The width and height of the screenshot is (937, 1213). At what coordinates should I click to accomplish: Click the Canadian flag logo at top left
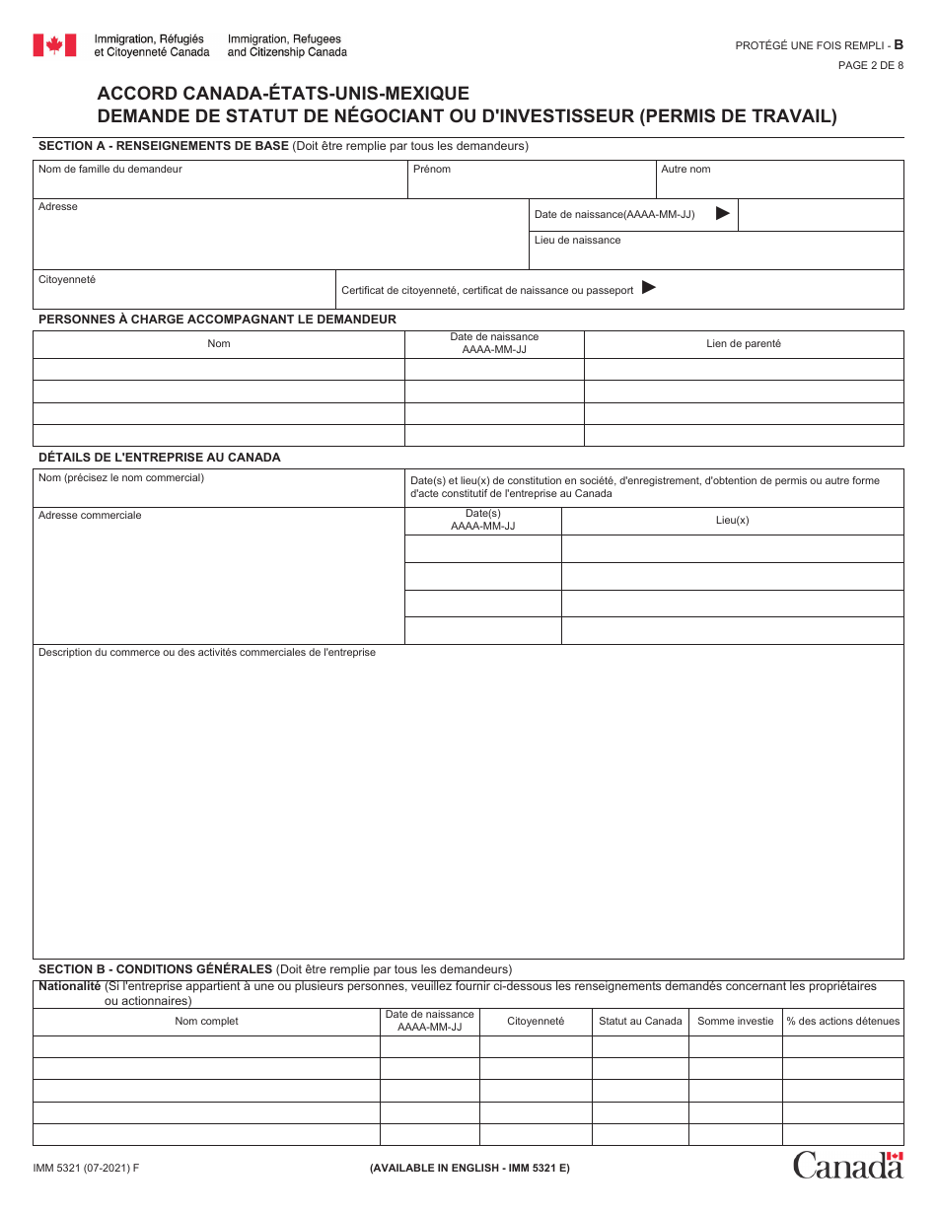(x=54, y=45)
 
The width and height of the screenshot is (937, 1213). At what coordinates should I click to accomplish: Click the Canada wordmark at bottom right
(x=848, y=1165)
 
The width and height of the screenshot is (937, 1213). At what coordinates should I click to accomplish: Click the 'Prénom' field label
(x=432, y=170)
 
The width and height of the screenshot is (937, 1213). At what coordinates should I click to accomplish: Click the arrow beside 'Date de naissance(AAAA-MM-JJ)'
(x=722, y=213)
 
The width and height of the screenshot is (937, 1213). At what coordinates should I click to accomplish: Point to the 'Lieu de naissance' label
(x=578, y=240)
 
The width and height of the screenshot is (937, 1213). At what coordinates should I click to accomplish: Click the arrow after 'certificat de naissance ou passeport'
(x=648, y=288)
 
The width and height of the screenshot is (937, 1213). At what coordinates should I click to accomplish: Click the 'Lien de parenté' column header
(x=743, y=344)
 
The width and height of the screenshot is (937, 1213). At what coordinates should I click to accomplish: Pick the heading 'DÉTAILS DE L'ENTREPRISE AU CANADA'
(x=159, y=458)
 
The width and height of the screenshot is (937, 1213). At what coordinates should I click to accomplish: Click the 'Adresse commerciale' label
(x=90, y=515)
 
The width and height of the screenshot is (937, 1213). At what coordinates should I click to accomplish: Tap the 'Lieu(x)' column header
(x=732, y=520)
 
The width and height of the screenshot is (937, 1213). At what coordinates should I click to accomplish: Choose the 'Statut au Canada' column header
(x=640, y=1021)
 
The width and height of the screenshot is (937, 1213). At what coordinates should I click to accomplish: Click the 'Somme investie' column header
(x=735, y=1021)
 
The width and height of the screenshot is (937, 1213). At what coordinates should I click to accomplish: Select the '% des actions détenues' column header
(x=842, y=1021)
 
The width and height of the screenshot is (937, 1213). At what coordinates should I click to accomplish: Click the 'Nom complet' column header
(x=206, y=1021)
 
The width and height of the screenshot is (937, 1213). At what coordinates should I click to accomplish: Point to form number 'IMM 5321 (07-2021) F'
(x=86, y=1169)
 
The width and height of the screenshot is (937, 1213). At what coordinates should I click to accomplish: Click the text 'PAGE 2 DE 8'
(x=870, y=65)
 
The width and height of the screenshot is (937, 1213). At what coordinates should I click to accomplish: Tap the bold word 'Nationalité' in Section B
(x=69, y=986)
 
